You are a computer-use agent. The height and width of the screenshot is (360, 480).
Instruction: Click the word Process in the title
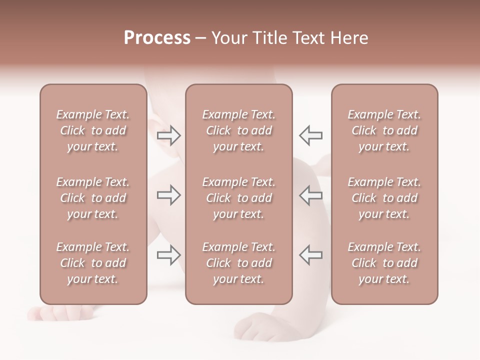(x=157, y=38)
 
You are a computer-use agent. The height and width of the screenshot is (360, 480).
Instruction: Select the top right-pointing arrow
(x=169, y=135)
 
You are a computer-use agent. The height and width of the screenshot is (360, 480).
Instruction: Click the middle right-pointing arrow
(x=169, y=195)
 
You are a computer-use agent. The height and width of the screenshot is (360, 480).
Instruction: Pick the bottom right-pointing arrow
(x=169, y=255)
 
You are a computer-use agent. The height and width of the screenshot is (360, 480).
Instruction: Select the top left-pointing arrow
(x=310, y=135)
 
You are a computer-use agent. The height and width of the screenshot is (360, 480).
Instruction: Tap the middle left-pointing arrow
(x=310, y=195)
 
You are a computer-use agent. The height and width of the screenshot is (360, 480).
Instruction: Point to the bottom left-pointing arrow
(x=310, y=255)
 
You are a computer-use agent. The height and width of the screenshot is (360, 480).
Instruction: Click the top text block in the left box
(x=93, y=130)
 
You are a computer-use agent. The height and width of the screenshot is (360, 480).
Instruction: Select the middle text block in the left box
(x=93, y=198)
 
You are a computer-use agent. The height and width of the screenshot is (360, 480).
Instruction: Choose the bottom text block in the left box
(x=93, y=263)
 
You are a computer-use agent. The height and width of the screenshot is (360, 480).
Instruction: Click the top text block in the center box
(x=238, y=130)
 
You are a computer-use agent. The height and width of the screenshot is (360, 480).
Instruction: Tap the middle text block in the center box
(x=238, y=198)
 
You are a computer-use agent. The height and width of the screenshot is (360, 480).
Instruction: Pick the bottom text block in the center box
(x=238, y=263)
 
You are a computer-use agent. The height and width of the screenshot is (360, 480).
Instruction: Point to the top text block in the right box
(x=384, y=130)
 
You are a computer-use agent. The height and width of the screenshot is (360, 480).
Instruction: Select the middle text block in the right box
(x=384, y=198)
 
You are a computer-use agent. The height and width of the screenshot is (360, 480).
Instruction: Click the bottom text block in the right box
(x=384, y=263)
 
